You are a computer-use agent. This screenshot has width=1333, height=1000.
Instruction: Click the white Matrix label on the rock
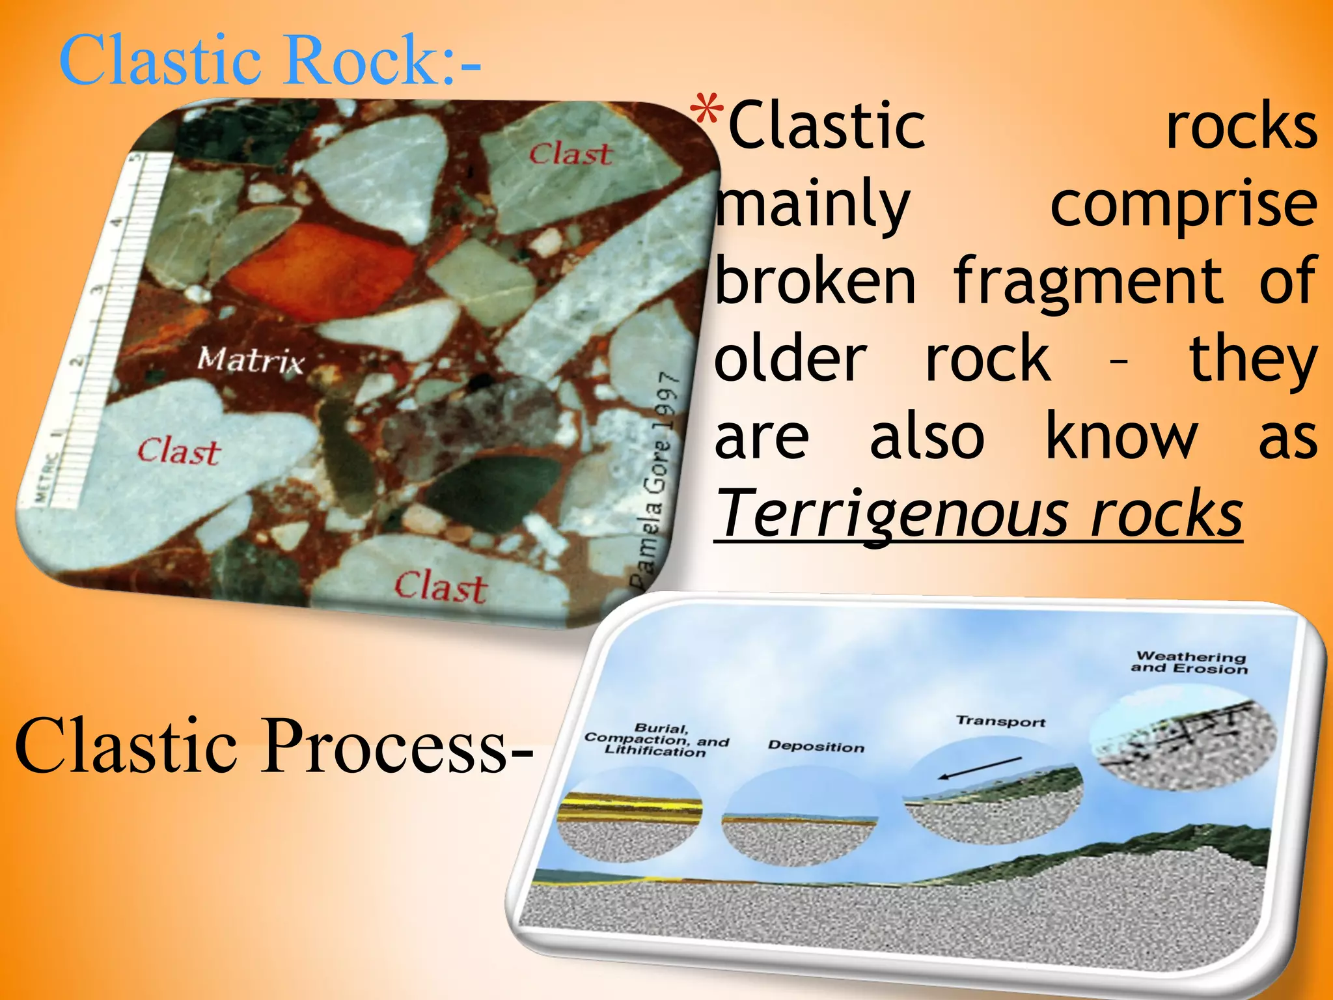click(251, 360)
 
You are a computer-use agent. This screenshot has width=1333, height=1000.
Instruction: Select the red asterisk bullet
click(707, 111)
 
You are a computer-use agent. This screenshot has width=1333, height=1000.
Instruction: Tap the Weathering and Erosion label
click(1190, 662)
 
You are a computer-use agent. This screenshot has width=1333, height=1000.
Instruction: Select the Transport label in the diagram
click(1000, 721)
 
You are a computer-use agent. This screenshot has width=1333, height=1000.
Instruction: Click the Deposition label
click(816, 746)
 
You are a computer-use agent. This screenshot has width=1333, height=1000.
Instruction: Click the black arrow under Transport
click(980, 768)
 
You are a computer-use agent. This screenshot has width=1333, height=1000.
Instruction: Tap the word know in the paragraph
click(1121, 437)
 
